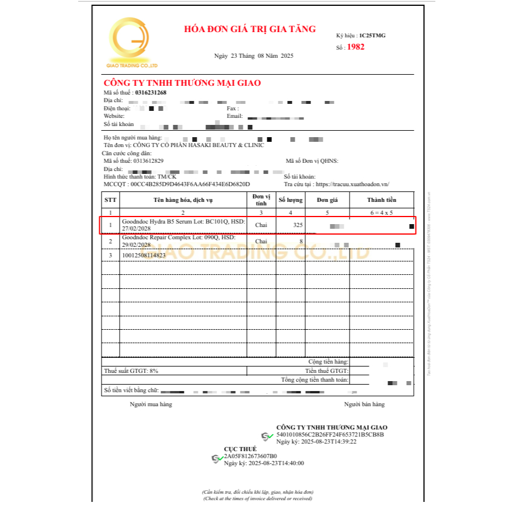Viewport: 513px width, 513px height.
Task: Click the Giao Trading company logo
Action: pos(132,42)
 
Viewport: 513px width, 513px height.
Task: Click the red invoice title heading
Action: pos(250,29)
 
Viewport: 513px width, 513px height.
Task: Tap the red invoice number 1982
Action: pos(355,47)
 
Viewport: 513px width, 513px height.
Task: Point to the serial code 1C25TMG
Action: pos(372,36)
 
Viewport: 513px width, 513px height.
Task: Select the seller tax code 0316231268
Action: pos(151,92)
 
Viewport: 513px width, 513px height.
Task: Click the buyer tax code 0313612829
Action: pos(148,160)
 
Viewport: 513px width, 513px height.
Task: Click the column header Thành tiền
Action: pos(382,200)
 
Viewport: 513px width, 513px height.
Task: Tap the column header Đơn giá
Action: pos(327,200)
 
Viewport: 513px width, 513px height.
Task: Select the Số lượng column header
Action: pos(291,200)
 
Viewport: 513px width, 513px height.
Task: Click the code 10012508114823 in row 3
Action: pos(144,255)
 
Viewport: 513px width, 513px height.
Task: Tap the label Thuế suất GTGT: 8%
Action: pos(131,371)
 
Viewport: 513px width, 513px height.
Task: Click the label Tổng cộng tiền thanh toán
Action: pos(315,379)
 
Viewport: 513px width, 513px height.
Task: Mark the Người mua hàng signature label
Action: pos(151,404)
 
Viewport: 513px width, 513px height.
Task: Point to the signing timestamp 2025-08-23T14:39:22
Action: pos(331,442)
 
